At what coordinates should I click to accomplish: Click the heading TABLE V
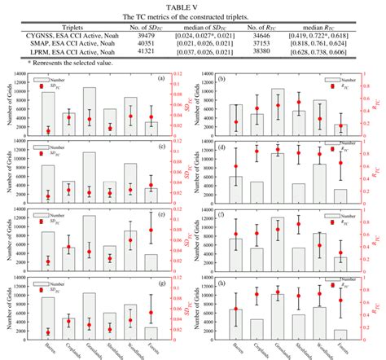pyautogui.click(x=193, y=5)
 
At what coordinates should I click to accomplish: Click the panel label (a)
pyautogui.click(x=162, y=80)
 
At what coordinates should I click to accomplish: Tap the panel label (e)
pyautogui.click(x=162, y=215)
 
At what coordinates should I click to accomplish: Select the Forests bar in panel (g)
pyautogui.click(x=151, y=330)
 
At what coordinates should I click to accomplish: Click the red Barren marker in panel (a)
pyautogui.click(x=49, y=130)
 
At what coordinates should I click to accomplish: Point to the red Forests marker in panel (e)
pyautogui.click(x=151, y=230)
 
